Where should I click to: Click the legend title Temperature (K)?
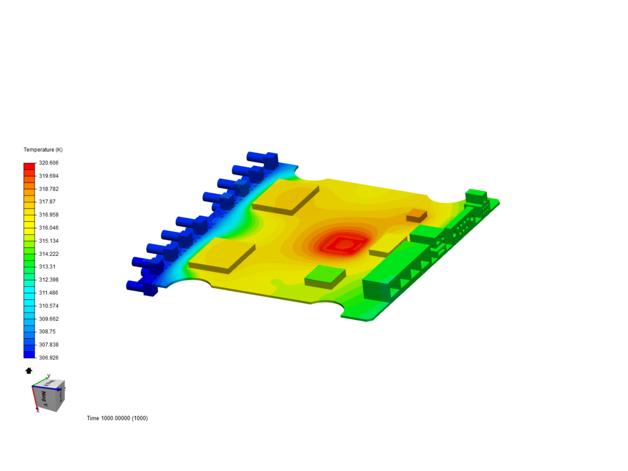coord(43,150)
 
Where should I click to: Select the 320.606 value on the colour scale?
coord(48,163)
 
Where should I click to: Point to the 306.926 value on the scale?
coord(48,358)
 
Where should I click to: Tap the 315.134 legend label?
coord(48,241)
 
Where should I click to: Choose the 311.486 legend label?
coord(48,293)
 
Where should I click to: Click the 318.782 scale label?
coord(48,189)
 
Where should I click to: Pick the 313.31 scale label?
coord(47,266)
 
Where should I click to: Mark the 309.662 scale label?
coord(48,319)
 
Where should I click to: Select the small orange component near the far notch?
coord(416,214)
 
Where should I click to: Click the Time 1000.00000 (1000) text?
coord(117,418)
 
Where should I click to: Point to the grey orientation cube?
coord(49,395)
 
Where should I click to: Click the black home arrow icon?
coord(29,371)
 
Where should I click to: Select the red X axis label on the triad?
coord(38,410)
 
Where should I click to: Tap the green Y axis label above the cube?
coord(49,375)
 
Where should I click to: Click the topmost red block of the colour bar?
coord(29,166)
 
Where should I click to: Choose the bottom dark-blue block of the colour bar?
coord(29,355)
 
